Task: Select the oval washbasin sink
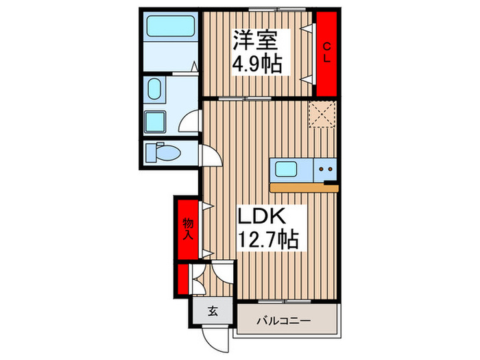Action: point(154,90)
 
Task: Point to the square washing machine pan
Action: point(156,122)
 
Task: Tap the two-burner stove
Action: point(325,169)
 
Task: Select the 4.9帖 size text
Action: point(257,65)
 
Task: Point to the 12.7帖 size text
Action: point(267,241)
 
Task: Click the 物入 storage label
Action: point(186,228)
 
